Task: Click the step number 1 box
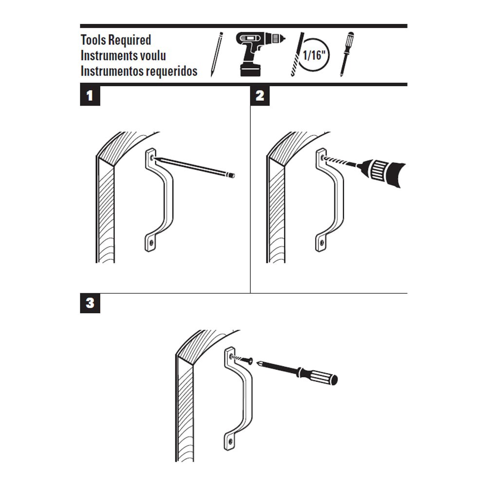pyautogui.click(x=90, y=95)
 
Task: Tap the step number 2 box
pyautogui.click(x=260, y=95)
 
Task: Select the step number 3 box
pyautogui.click(x=90, y=303)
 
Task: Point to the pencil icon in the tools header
pyautogui.click(x=216, y=54)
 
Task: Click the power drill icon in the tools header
pyautogui.click(x=257, y=53)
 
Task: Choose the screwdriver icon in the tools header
pyautogui.click(x=347, y=54)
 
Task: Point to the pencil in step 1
pyautogui.click(x=195, y=167)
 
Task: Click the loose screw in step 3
pyautogui.click(x=242, y=359)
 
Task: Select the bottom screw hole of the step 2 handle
pyautogui.click(x=322, y=243)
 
